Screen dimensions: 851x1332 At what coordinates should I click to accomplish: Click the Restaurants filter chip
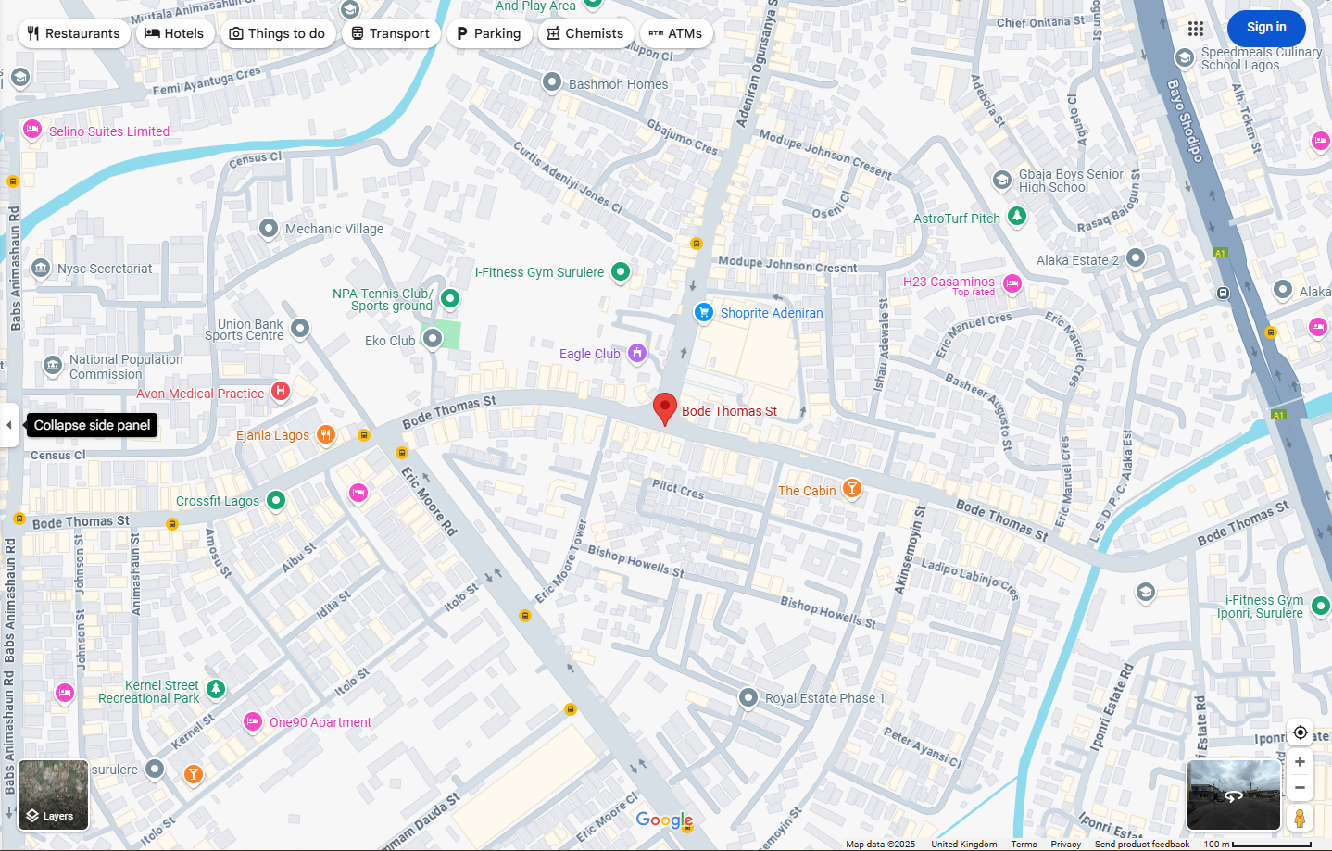pyautogui.click(x=74, y=33)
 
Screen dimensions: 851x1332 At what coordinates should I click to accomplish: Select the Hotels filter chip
pyautogui.click(x=175, y=33)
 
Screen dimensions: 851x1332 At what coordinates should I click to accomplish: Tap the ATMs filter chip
pyautogui.click(x=676, y=33)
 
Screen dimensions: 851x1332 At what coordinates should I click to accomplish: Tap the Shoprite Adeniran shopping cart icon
pyautogui.click(x=704, y=313)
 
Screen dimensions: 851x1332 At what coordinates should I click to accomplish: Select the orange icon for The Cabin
pyautogui.click(x=851, y=489)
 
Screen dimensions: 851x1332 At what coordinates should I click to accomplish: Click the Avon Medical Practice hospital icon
pyautogui.click(x=281, y=392)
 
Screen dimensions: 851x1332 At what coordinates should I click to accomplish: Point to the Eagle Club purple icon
pyautogui.click(x=636, y=353)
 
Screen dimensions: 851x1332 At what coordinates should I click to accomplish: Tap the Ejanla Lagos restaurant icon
pyautogui.click(x=325, y=434)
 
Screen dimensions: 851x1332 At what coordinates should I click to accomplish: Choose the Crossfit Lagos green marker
pyautogui.click(x=276, y=500)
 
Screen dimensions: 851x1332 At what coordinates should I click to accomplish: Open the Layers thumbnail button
pyautogui.click(x=54, y=795)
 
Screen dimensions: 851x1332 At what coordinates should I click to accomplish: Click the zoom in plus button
pyautogui.click(x=1300, y=761)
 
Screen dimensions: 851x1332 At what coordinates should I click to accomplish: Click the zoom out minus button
pyautogui.click(x=1300, y=787)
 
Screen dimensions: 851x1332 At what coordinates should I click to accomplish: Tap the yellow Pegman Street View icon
pyautogui.click(x=1300, y=818)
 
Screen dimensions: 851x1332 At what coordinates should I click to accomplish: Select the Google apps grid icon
pyautogui.click(x=1196, y=29)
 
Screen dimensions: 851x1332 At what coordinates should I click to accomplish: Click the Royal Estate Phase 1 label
pyautogui.click(x=824, y=698)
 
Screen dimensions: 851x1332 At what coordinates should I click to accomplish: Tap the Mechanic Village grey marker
pyautogui.click(x=269, y=228)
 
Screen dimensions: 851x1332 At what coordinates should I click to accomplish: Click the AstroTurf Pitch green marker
pyautogui.click(x=1017, y=217)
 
